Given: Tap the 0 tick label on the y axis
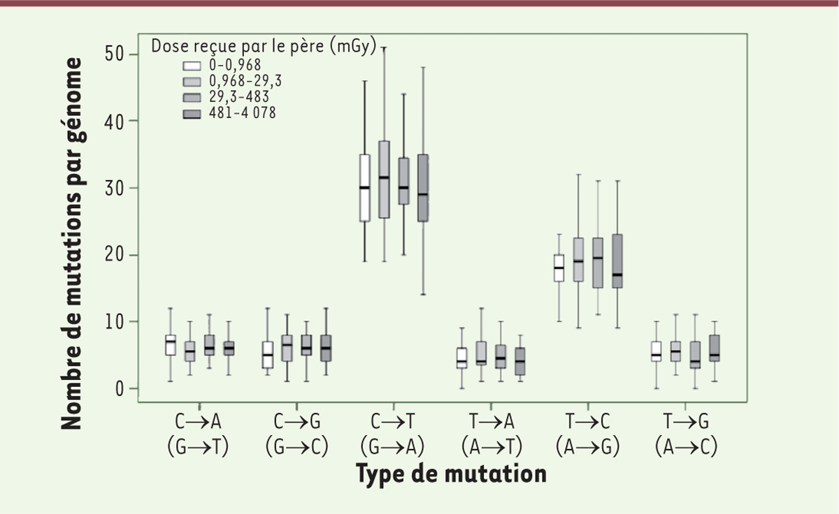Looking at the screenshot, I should pyautogui.click(x=119, y=388).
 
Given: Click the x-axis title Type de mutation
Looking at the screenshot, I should pyautogui.click(x=451, y=474).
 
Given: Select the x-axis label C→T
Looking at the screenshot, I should pyautogui.click(x=393, y=422).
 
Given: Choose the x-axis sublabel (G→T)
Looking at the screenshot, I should pyautogui.click(x=199, y=446).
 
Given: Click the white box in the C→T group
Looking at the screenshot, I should pyautogui.click(x=364, y=188).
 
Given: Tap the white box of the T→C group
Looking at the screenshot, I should pyautogui.click(x=559, y=268).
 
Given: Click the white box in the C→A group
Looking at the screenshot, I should pyautogui.click(x=171, y=345).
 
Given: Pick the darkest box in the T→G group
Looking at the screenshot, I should pyautogui.click(x=715, y=348).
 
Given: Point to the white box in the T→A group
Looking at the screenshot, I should pyautogui.click(x=462, y=358).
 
